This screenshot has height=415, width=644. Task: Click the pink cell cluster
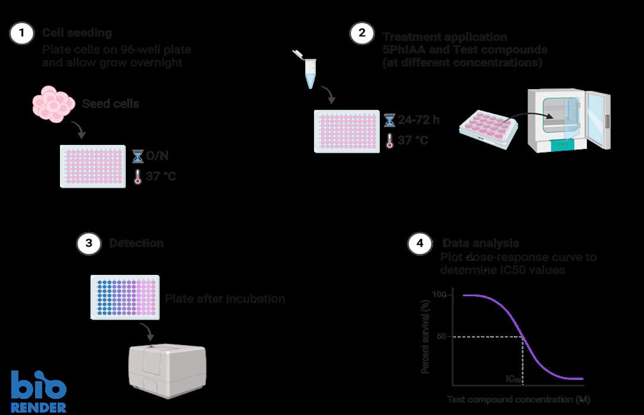pos(53,104)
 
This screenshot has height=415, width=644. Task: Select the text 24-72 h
pos(419,120)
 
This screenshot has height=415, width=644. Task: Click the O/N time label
pos(158,156)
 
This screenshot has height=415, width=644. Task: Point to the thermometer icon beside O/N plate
pos(138,176)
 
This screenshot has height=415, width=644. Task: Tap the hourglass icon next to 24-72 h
pos(389,121)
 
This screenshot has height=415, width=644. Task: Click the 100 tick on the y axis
pos(439,295)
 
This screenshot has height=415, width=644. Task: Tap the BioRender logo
pos(39,391)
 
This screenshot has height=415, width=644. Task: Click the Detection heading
pos(137,243)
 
